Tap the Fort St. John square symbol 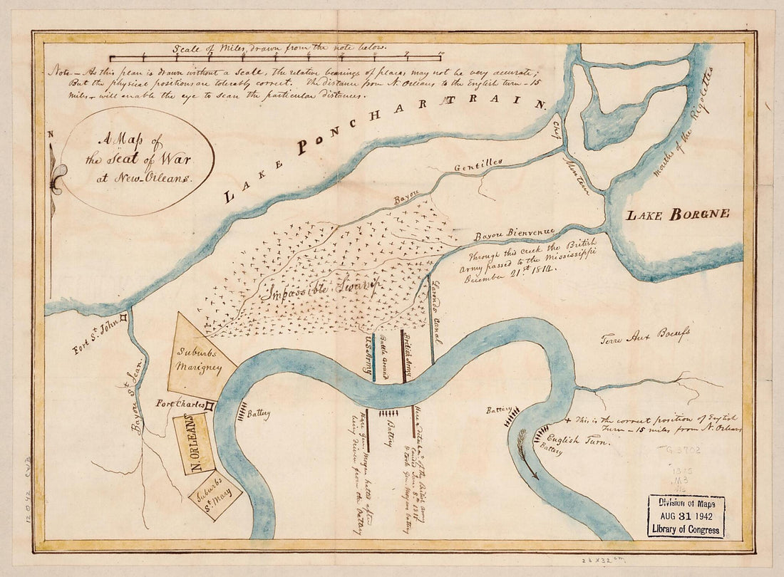[x=123, y=318]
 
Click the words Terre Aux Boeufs [x=644, y=336]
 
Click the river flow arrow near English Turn [x=527, y=454]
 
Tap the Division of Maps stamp [x=686, y=515]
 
